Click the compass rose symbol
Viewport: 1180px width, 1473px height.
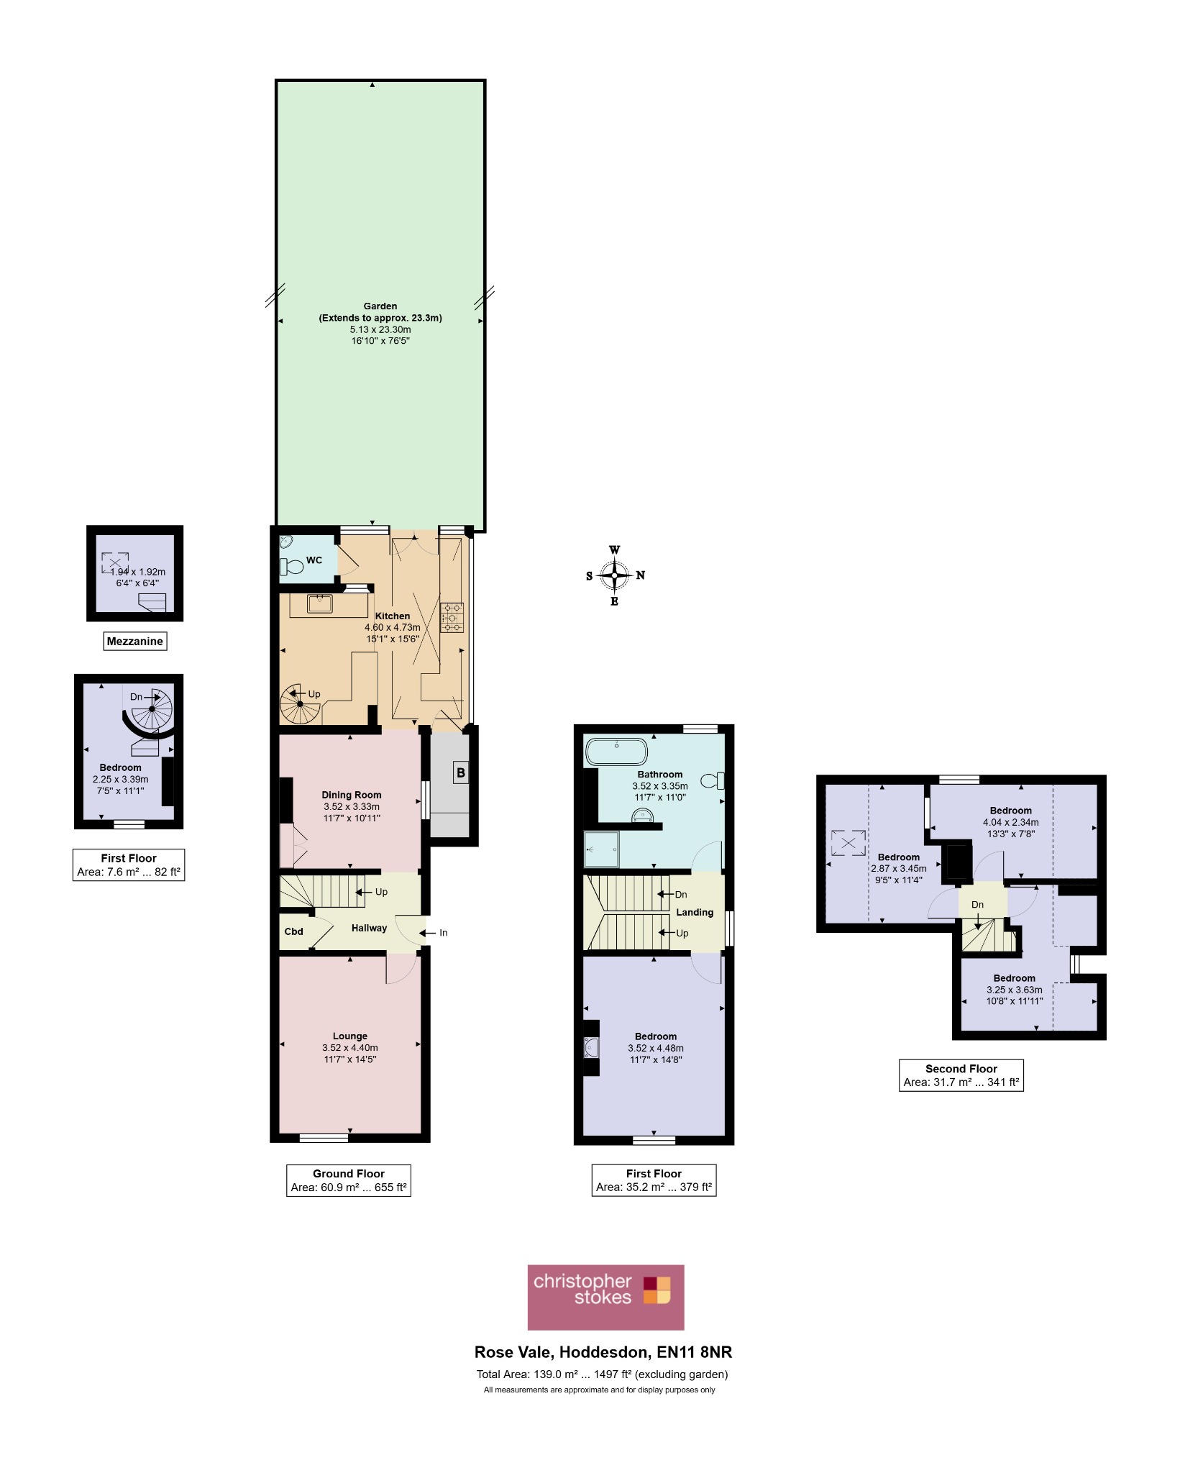[x=614, y=575]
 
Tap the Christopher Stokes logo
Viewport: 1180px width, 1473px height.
[x=605, y=1297]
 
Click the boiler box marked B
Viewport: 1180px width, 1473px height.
[x=461, y=773]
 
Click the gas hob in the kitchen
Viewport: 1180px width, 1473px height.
[x=452, y=617]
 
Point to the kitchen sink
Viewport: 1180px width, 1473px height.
[x=319, y=604]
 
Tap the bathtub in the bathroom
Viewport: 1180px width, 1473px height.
[x=616, y=752]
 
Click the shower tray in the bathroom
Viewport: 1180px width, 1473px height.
[x=601, y=849]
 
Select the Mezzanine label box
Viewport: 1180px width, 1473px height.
[x=135, y=641]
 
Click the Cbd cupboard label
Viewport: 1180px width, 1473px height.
[x=293, y=931]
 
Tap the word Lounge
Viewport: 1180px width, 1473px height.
[x=350, y=1036]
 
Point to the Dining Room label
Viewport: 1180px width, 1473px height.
[x=352, y=795]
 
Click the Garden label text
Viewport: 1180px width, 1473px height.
[x=380, y=306]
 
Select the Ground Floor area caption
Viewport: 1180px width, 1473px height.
[x=349, y=1180]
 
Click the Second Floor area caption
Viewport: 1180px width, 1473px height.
[x=961, y=1075]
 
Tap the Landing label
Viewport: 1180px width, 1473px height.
[x=695, y=912]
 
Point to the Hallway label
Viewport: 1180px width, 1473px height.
[x=369, y=928]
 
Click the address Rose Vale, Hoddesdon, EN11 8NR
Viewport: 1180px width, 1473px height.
[x=603, y=1352]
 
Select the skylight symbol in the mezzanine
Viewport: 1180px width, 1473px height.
[x=115, y=562]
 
